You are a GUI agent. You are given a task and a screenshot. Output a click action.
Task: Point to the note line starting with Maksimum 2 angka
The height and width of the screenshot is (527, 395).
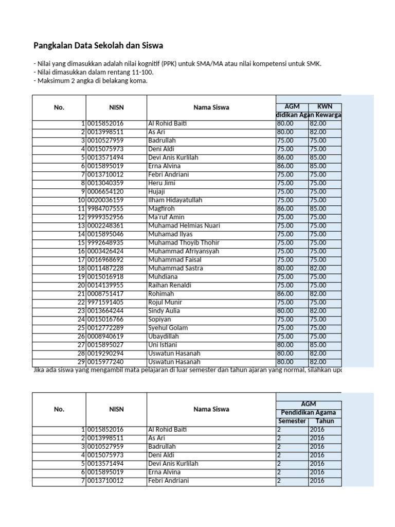(x=91, y=81)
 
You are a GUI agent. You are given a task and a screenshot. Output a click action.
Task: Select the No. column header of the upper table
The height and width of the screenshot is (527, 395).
(x=59, y=108)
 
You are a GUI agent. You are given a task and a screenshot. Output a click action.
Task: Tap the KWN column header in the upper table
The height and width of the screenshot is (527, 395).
(x=325, y=106)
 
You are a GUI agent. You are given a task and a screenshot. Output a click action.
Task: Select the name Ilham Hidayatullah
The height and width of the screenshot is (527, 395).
(x=175, y=200)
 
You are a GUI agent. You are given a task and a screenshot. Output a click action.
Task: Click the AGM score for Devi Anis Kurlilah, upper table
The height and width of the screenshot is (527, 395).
(x=285, y=157)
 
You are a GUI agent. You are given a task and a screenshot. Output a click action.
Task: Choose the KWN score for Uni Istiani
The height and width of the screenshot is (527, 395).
(x=318, y=345)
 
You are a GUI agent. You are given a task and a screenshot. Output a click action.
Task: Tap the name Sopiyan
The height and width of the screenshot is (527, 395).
(x=160, y=319)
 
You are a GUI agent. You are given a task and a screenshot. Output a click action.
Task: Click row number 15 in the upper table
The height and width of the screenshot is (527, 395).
(x=81, y=242)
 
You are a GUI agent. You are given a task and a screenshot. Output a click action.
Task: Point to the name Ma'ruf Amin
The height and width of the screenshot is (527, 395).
(x=166, y=217)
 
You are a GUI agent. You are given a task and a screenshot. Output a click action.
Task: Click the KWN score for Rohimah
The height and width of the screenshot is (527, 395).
(x=318, y=294)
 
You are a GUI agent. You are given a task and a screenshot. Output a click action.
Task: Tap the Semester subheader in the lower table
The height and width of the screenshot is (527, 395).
(x=291, y=421)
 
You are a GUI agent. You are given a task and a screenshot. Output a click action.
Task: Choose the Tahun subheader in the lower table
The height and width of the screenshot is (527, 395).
(x=325, y=421)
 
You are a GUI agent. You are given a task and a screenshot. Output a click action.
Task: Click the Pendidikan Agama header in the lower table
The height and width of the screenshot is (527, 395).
(x=309, y=413)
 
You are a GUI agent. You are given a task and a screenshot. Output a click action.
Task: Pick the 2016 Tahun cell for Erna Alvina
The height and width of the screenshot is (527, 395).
(x=317, y=472)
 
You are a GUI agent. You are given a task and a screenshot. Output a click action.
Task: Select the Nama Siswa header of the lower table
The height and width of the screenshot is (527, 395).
(x=211, y=409)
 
